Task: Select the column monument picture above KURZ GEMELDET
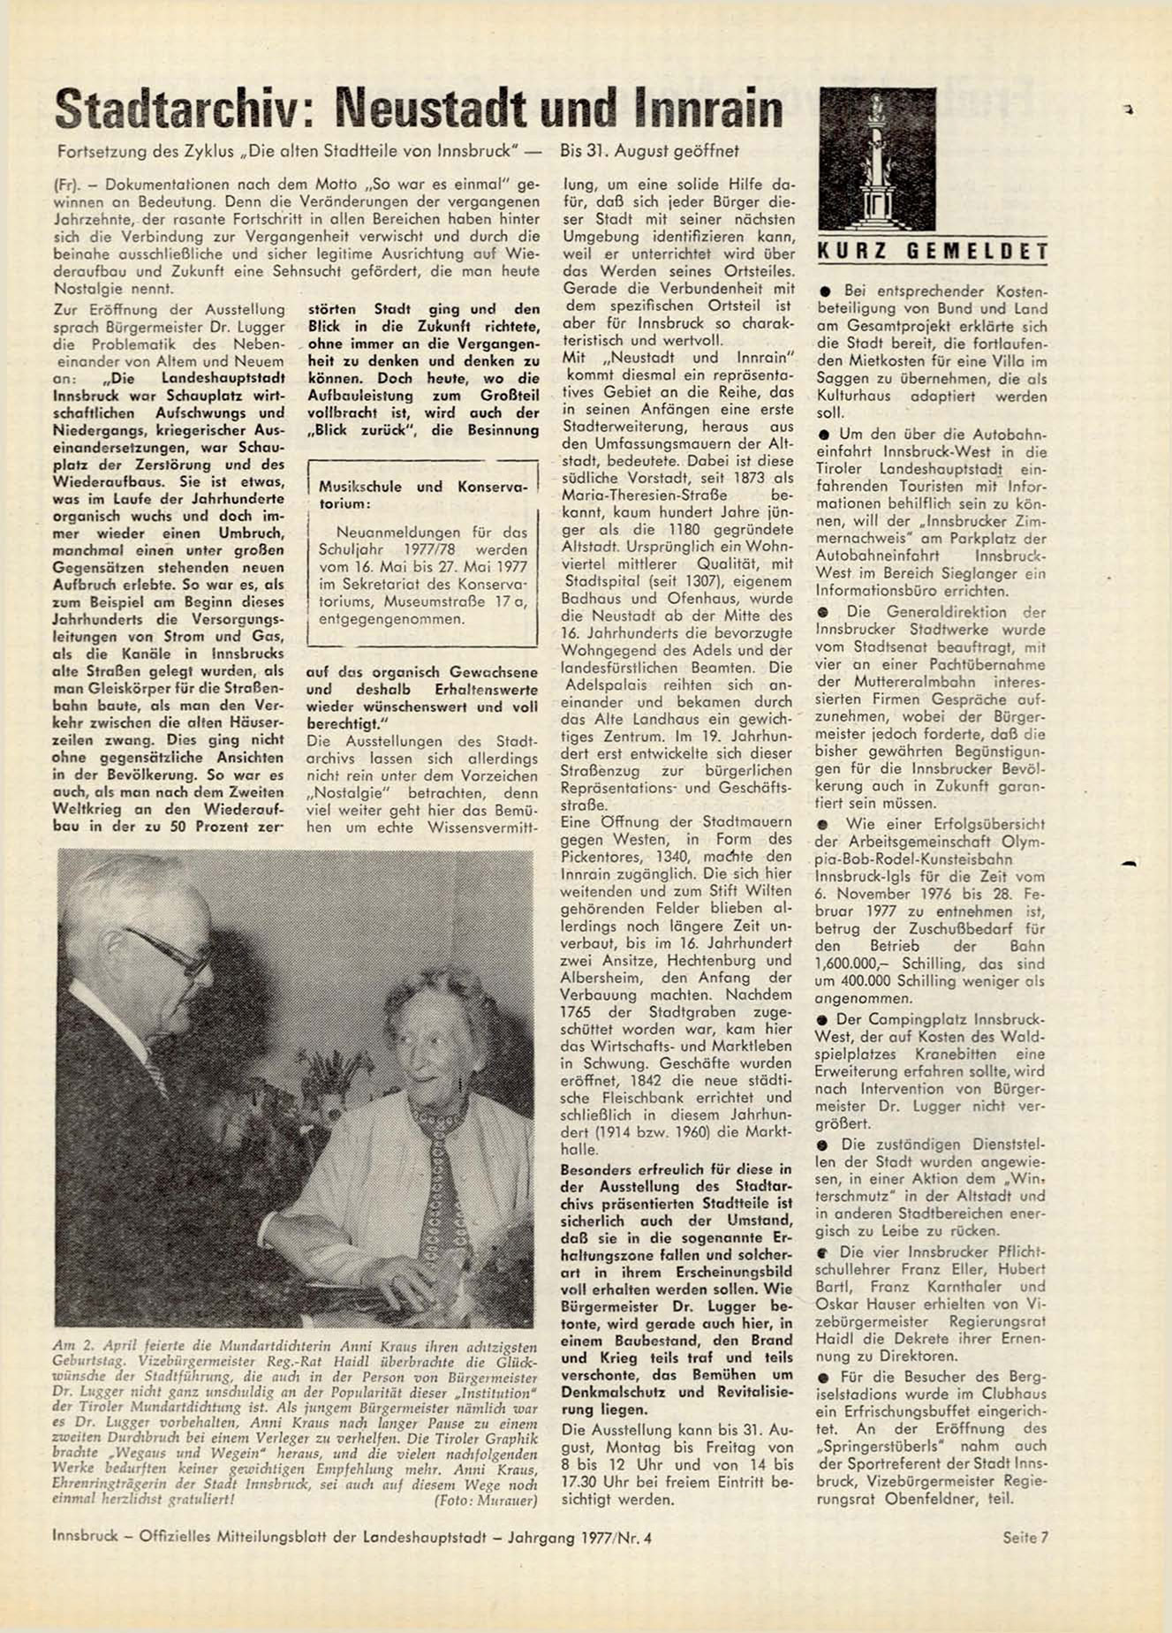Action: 877,160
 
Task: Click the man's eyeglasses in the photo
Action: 168,950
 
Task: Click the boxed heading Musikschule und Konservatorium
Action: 421,495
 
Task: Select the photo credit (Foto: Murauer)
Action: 485,1501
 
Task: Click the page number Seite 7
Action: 1025,1538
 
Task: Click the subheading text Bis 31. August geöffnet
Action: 649,151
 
